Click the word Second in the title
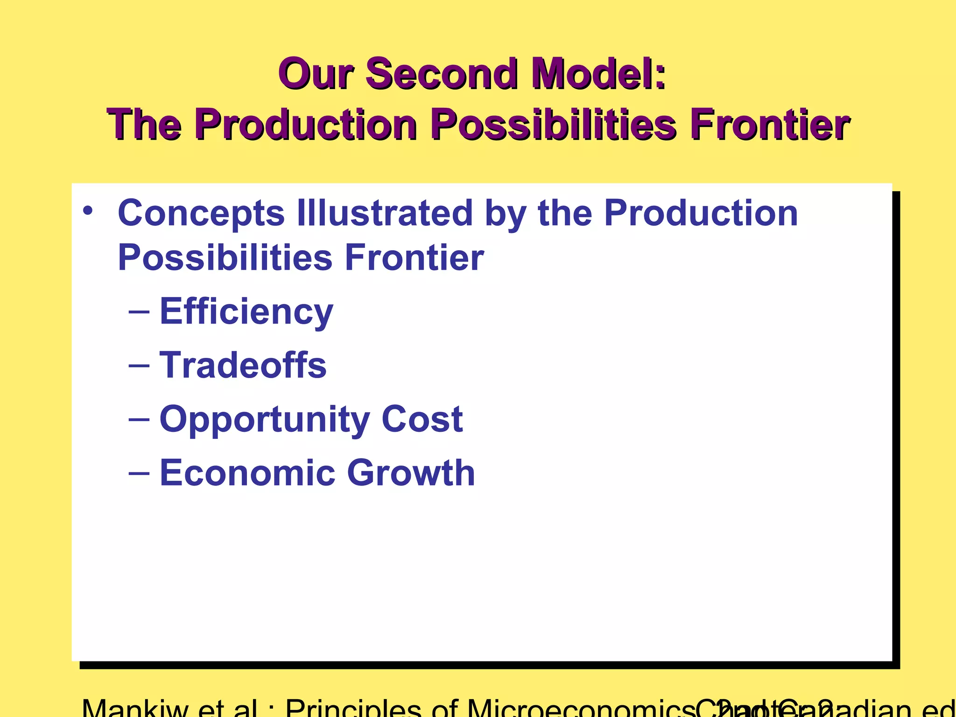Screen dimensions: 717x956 click(x=441, y=74)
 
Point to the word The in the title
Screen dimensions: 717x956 click(x=143, y=125)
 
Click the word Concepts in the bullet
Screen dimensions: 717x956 click(x=201, y=213)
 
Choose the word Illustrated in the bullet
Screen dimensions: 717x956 click(x=385, y=213)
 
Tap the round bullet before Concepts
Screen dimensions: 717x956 click(x=88, y=211)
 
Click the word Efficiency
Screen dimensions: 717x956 click(x=246, y=312)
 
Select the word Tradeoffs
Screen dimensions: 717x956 click(x=243, y=365)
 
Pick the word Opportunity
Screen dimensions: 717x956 click(x=265, y=419)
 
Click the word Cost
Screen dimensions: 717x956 click(x=422, y=419)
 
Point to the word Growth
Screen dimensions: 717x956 click(x=411, y=473)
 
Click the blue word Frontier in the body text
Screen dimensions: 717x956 click(x=414, y=257)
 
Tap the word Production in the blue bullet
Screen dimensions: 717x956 click(x=701, y=213)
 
